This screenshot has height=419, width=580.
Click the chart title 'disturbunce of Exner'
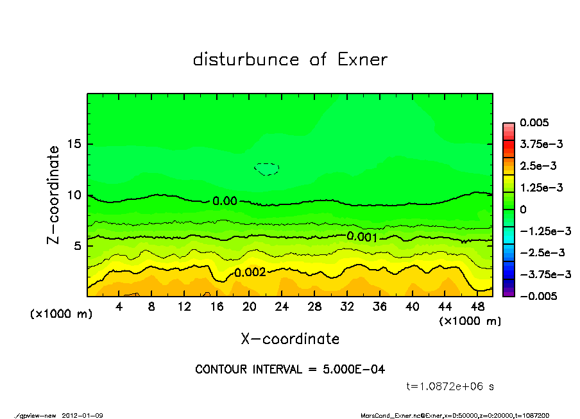(x=290, y=60)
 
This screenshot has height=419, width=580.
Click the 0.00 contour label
(x=225, y=201)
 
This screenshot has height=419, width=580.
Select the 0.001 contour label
(x=362, y=236)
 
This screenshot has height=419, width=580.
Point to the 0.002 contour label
(x=250, y=272)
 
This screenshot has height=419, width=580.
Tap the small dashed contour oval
(x=267, y=169)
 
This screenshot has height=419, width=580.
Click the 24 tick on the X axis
(x=282, y=307)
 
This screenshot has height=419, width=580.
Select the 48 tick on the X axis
(x=477, y=307)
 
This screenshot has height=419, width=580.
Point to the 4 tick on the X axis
(x=119, y=307)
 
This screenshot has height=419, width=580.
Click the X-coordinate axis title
(x=290, y=339)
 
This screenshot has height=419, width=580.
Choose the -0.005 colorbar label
(x=538, y=296)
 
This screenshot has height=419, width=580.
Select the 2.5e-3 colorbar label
(x=539, y=166)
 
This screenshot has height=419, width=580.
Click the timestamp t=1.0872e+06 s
(x=450, y=386)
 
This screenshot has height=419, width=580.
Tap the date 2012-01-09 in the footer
(x=83, y=415)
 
